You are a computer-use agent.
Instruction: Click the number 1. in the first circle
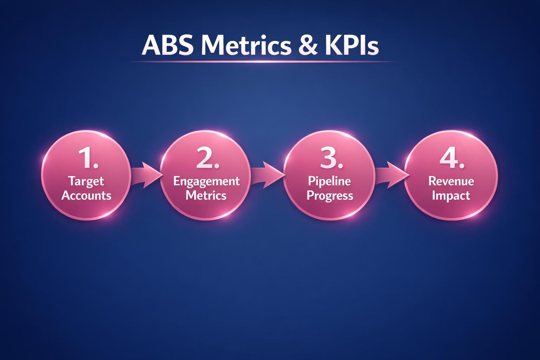(88, 158)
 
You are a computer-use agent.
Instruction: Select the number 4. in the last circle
(452, 158)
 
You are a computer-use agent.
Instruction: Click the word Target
(86, 181)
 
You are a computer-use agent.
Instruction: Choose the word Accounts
(86, 195)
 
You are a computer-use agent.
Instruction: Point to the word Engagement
(206, 181)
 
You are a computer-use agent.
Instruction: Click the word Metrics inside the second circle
(206, 195)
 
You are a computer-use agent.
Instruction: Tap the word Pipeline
(329, 181)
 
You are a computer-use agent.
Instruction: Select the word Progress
(330, 196)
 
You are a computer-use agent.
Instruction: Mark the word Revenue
(451, 181)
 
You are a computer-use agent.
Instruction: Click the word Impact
(451, 196)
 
